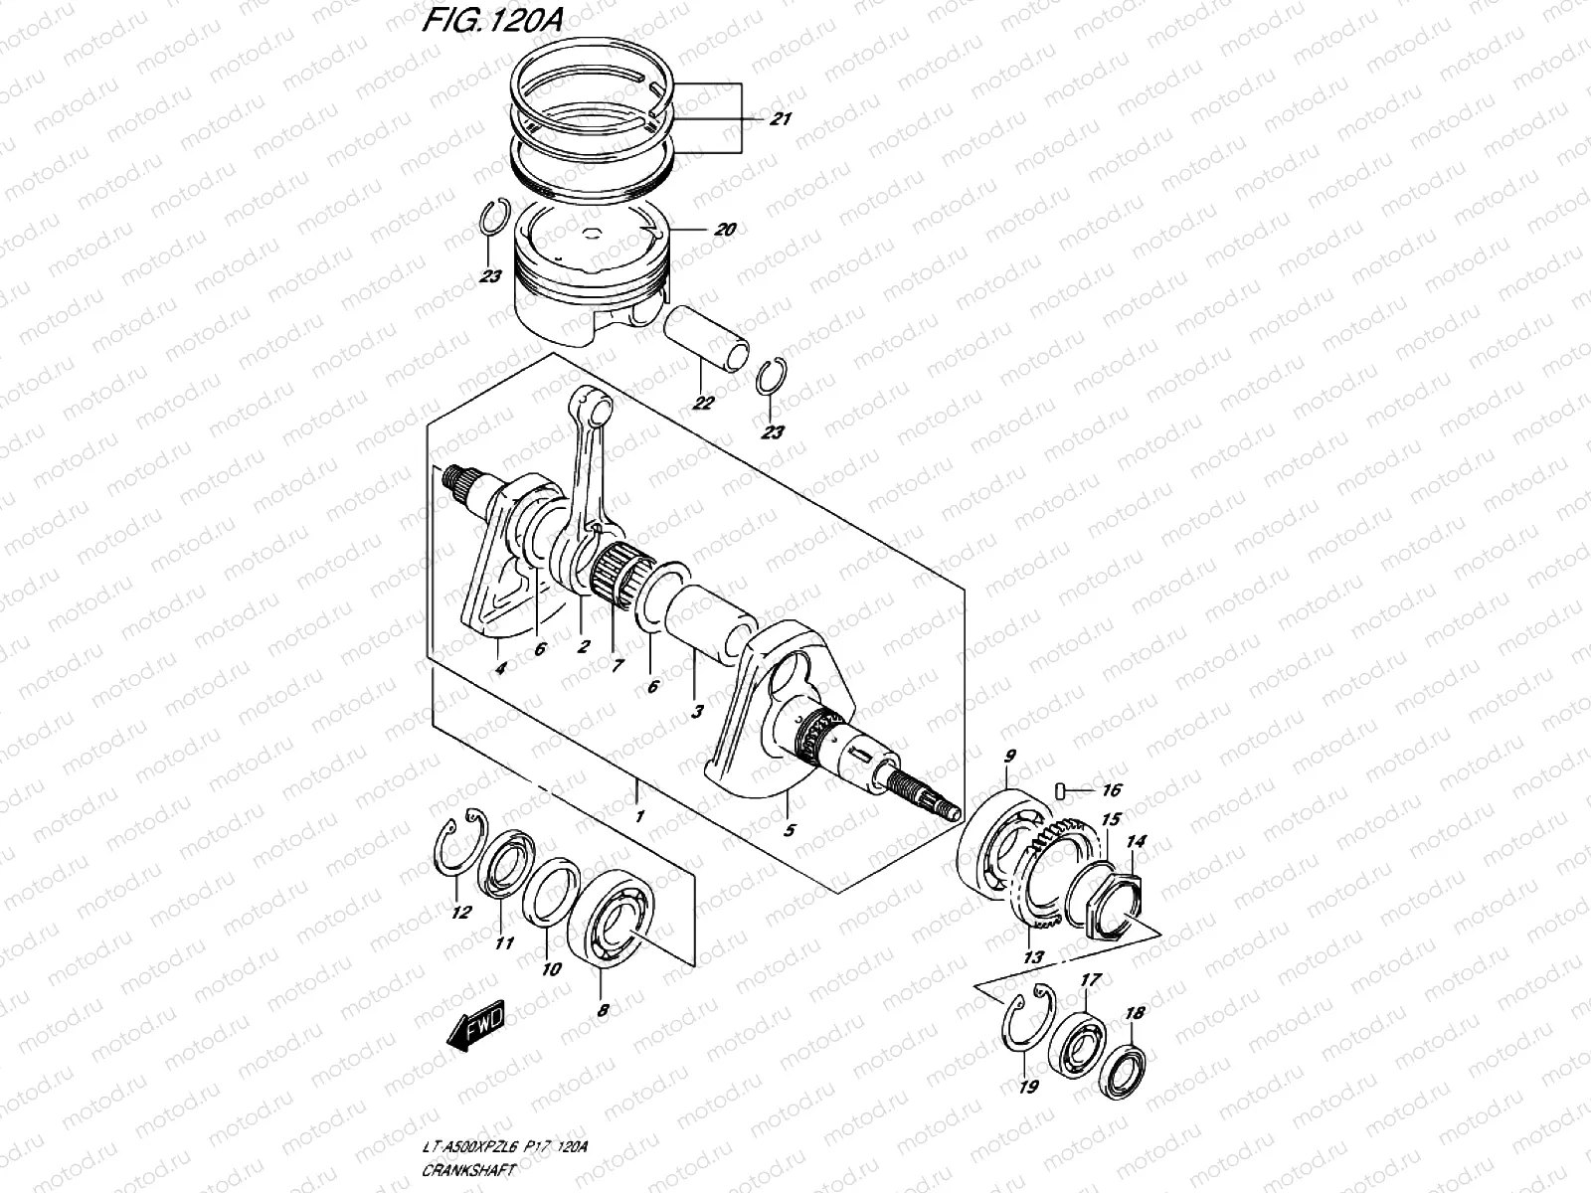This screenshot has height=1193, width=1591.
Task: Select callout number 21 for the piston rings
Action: (781, 120)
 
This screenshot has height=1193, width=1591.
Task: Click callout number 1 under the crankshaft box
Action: (639, 816)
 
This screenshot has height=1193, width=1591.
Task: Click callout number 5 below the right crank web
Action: (790, 830)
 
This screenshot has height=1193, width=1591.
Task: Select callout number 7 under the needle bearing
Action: (617, 666)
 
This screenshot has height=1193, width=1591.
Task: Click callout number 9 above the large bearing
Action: (1010, 757)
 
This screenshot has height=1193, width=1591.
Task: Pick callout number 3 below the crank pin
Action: (697, 711)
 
